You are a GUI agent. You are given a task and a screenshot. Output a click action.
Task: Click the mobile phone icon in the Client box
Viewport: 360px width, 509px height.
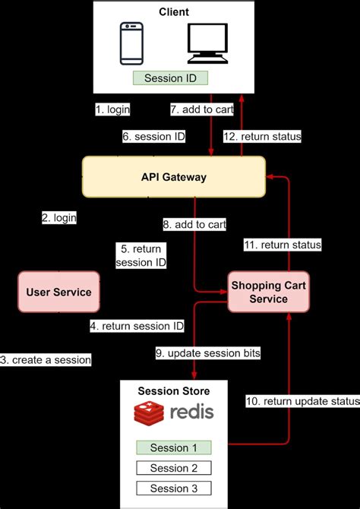point(132,43)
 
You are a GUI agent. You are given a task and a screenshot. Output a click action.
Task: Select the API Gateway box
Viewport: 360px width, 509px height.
point(174,176)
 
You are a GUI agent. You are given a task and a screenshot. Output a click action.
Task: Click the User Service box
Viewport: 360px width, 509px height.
point(58,292)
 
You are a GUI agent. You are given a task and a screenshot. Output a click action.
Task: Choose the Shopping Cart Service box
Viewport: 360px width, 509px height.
point(270,292)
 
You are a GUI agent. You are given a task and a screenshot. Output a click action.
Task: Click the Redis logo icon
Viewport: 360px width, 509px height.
point(150,413)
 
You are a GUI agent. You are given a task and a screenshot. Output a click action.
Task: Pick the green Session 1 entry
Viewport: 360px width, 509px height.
point(174,447)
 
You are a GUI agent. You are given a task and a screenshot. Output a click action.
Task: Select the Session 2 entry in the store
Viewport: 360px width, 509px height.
point(174,468)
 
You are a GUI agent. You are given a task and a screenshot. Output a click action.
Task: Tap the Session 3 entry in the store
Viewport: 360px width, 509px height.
point(174,488)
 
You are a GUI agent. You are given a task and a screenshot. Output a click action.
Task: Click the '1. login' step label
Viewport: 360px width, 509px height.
point(112,109)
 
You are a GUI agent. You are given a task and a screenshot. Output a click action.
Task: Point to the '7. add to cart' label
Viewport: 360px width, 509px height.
point(201,109)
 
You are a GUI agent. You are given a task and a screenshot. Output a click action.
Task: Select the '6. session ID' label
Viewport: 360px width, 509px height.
point(153,137)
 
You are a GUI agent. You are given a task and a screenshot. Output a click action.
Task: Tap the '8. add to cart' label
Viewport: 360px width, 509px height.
point(194,224)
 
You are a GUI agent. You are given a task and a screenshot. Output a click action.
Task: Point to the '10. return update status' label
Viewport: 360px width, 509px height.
point(302,400)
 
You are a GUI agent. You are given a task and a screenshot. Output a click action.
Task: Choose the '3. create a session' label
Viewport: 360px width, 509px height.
point(46,359)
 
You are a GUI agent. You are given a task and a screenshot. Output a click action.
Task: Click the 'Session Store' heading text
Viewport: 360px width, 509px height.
point(174,391)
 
